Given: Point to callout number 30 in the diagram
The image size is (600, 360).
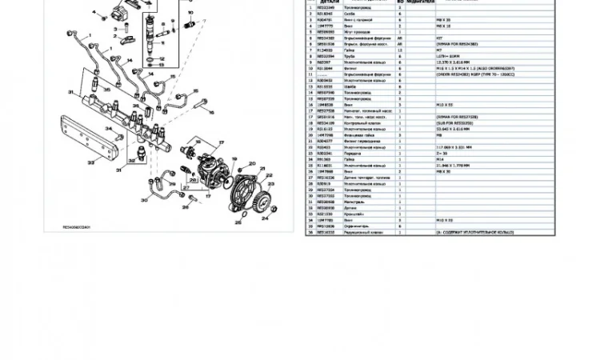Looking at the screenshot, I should click(145, 201).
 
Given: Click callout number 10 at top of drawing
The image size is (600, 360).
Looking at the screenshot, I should click(191, 13).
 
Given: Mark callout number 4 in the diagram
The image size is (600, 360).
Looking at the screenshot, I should click(93, 12).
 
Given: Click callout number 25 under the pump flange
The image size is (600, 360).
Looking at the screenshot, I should click(237, 222).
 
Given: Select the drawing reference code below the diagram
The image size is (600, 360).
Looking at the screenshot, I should click(77, 227).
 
